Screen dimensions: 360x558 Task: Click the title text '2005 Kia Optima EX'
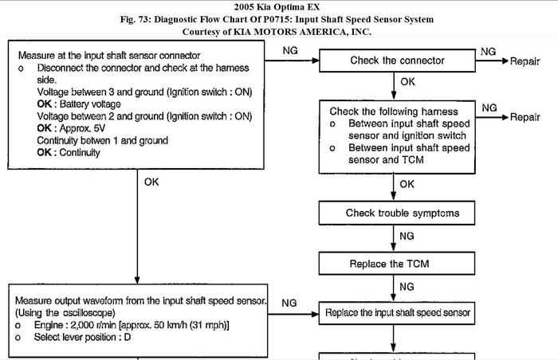pos(279,6)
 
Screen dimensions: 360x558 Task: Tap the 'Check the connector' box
pos(396,61)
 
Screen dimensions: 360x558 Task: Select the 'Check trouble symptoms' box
pos(402,213)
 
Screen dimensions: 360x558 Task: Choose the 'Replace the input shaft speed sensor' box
pos(398,312)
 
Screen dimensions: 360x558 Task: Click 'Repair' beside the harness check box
pos(525,117)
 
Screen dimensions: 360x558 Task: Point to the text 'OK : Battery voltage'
pos(79,104)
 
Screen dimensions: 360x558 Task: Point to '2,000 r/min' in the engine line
pos(100,325)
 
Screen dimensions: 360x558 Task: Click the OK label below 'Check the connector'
pos(407,82)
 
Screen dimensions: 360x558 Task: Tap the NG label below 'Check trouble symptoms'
pos(407,237)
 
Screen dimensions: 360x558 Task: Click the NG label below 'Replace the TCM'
pos(407,286)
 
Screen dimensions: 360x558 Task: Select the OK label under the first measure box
pos(151,182)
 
